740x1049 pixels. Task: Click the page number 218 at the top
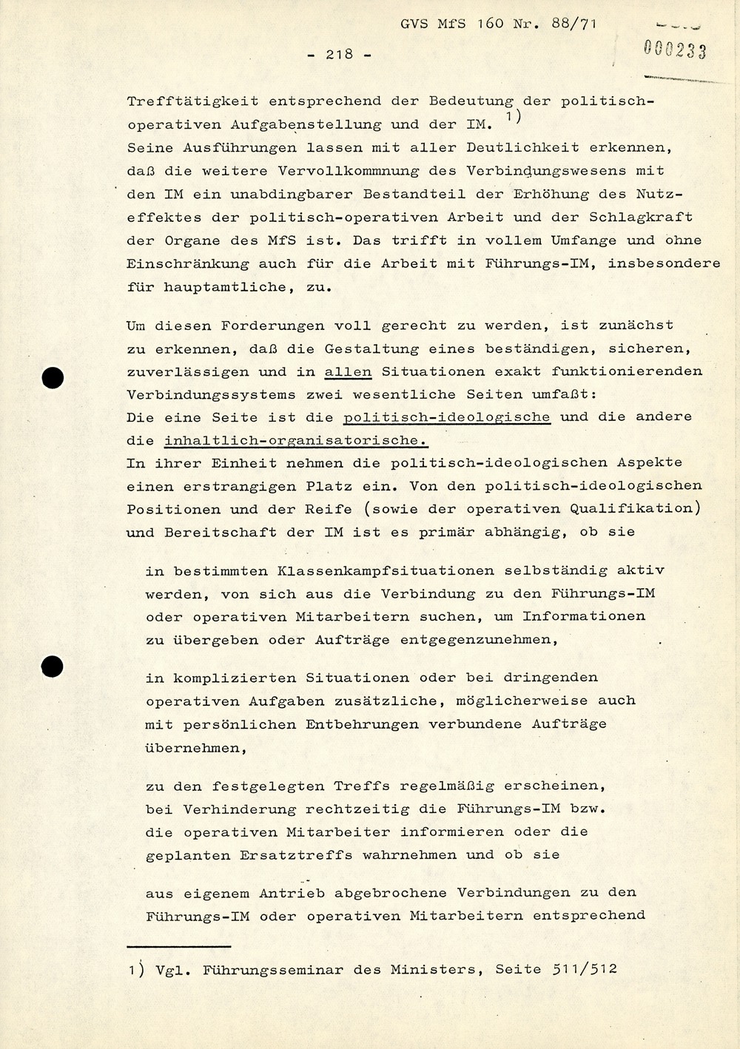(x=339, y=54)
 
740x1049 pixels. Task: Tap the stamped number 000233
(x=674, y=50)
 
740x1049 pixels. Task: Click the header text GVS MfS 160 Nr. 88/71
(x=497, y=24)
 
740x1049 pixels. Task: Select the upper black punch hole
(x=53, y=378)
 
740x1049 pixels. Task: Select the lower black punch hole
(x=53, y=667)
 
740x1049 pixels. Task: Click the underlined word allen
(x=348, y=371)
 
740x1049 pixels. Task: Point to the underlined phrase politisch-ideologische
(x=447, y=417)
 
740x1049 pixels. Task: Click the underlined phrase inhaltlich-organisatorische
(x=295, y=441)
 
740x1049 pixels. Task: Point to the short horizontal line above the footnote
(x=178, y=946)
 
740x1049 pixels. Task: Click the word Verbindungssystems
(x=210, y=394)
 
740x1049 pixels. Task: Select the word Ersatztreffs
(x=296, y=854)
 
